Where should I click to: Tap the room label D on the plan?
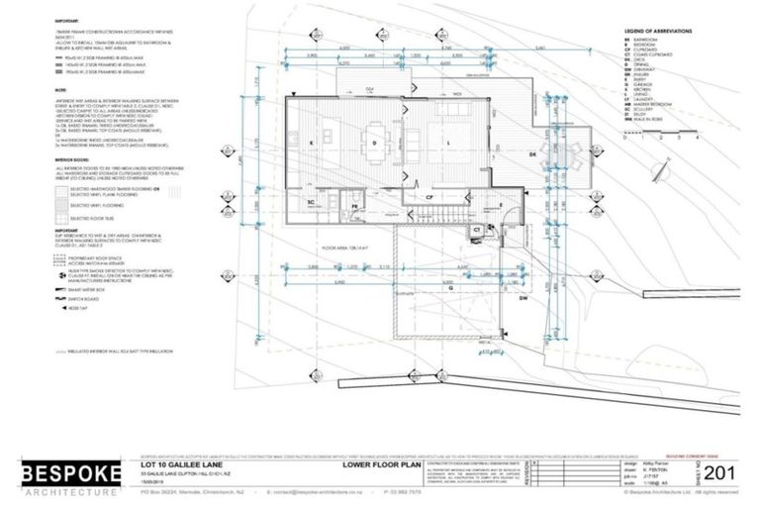point(373,144)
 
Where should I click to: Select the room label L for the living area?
point(449,144)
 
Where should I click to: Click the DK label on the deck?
point(531,153)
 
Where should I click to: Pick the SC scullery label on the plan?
point(309,201)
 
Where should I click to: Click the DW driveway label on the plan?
point(524,297)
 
